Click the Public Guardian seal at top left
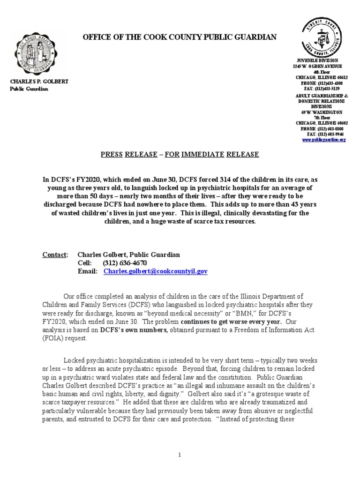(39, 52)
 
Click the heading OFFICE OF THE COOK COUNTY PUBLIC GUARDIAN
(173, 37)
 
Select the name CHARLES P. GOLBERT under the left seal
(39, 82)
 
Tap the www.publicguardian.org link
(324, 140)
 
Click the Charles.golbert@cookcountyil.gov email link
(156, 271)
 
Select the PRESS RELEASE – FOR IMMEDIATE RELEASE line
(180, 154)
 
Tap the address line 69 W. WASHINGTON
(321, 112)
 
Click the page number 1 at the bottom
(180, 455)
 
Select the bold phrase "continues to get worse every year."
(232, 322)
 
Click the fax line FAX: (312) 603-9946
(326, 134)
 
